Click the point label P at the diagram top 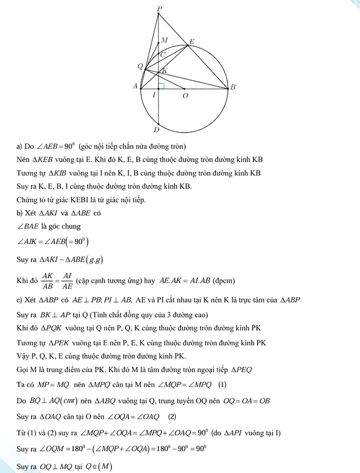(x=160, y=8)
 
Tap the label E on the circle (x=192, y=42)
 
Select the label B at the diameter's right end (x=233, y=87)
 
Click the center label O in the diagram (x=185, y=96)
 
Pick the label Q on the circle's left (x=139, y=66)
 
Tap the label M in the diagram (x=164, y=40)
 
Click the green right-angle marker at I (x=161, y=85)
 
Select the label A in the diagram (x=135, y=86)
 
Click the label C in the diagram (x=163, y=54)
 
